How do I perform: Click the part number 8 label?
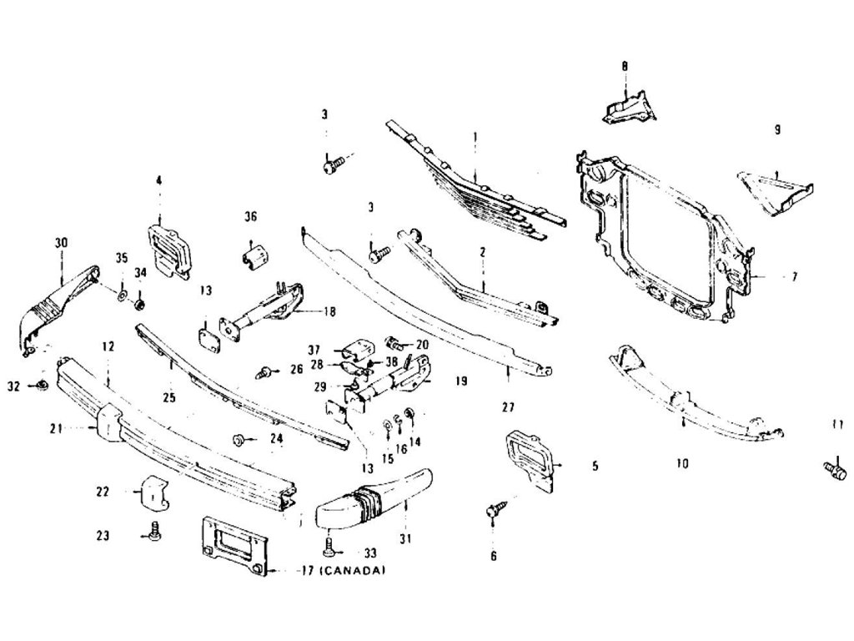(624, 65)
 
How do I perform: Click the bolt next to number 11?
(832, 469)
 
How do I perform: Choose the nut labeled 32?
(40, 385)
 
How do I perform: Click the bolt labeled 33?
(329, 548)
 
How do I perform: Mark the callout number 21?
(56, 429)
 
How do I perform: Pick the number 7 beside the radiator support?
(794, 275)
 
